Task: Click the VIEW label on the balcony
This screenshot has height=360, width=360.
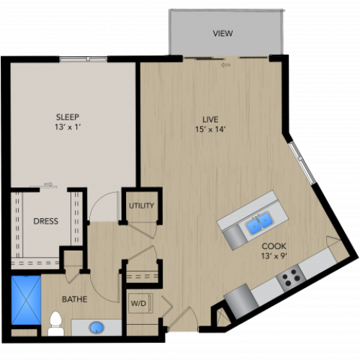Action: [x=222, y=33]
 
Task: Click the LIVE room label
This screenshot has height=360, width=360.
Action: [x=210, y=119]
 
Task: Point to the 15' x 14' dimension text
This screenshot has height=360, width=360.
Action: [x=210, y=130]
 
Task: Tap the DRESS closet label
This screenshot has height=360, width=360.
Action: [x=45, y=221]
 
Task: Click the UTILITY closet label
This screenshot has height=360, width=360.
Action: [x=141, y=206]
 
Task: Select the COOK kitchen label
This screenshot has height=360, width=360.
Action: [x=272, y=246]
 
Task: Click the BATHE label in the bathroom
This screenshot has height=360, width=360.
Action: [x=74, y=298]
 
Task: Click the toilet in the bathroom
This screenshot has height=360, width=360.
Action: [x=55, y=324]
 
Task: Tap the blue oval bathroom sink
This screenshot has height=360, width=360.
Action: [x=96, y=328]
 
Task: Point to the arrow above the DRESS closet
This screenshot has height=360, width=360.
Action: [x=48, y=185]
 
